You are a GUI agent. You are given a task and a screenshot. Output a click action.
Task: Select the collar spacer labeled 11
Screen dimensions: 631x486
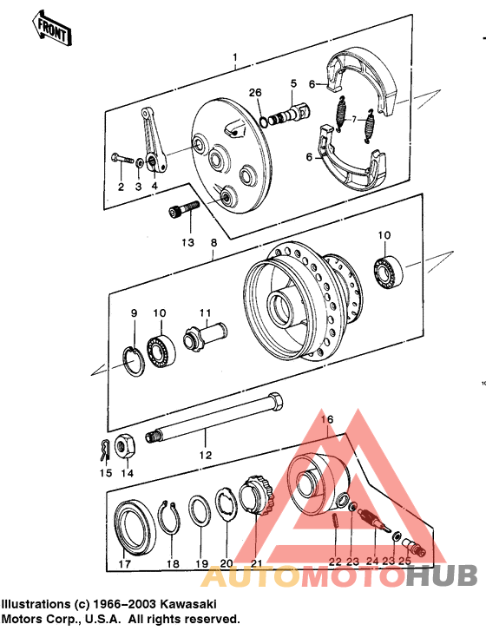205,334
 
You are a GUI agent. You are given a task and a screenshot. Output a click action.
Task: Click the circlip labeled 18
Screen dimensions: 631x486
172,521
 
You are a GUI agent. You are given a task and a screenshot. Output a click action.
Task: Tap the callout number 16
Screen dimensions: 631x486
326,419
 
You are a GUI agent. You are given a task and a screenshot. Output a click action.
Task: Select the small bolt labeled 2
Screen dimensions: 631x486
119,159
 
